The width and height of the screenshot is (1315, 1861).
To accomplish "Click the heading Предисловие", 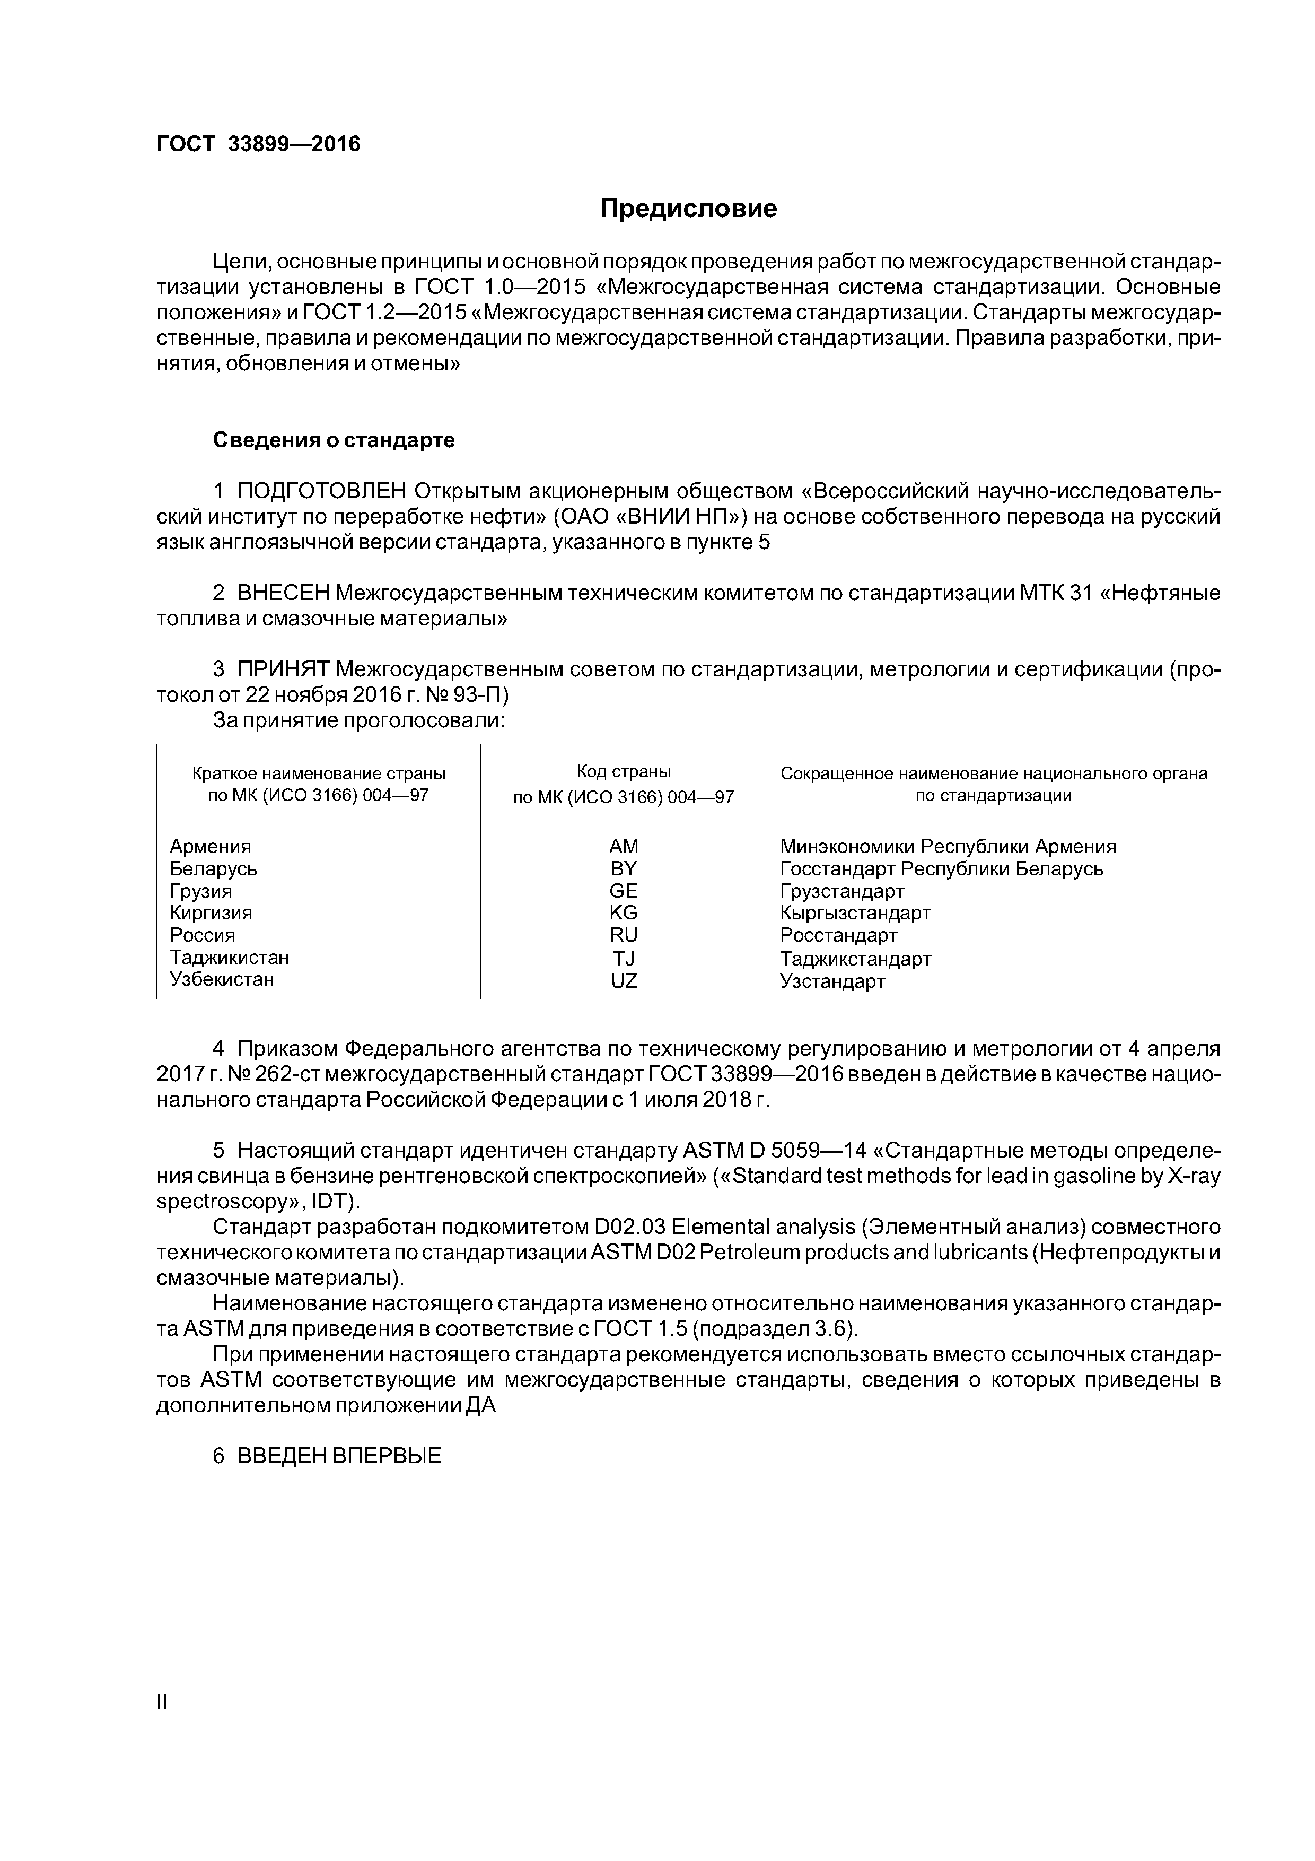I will click(688, 208).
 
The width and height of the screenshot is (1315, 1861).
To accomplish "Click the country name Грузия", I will click(201, 891).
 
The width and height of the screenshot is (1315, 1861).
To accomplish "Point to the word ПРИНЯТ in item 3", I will click(283, 669).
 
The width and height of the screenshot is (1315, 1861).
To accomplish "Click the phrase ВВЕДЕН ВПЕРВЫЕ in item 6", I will click(339, 1456).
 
